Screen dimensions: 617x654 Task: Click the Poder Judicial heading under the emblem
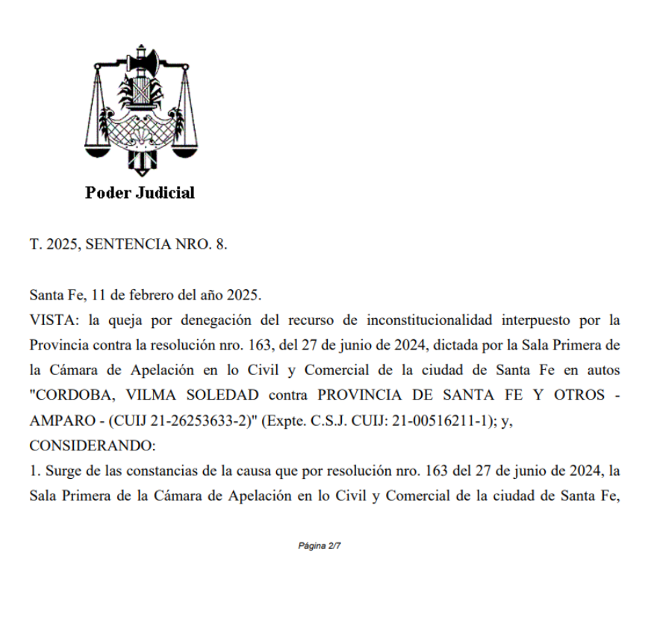tap(140, 193)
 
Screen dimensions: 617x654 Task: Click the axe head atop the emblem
tap(140, 58)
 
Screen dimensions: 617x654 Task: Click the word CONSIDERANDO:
tap(92, 446)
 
